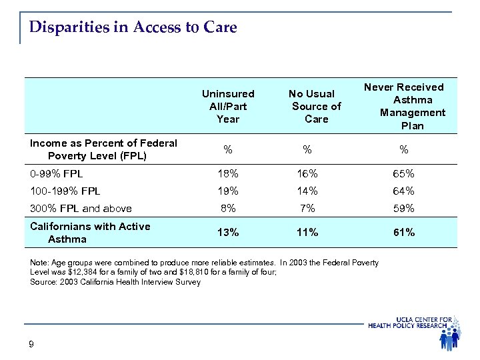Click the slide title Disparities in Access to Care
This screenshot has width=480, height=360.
coord(133,27)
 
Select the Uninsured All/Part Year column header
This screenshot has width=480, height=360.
coord(228,107)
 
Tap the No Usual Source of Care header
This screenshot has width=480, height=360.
coord(316,107)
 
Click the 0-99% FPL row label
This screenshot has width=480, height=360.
coord(56,174)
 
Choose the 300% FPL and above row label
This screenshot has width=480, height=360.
coord(81,208)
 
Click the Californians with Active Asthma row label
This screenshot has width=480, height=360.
coord(90,232)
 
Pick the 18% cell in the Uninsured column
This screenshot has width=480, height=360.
coord(229,174)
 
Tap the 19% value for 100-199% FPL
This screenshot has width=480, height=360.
coord(229,191)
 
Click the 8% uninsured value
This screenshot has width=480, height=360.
coord(229,208)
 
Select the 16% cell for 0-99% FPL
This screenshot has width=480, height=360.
coord(307,174)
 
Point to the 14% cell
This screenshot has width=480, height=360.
coord(307,191)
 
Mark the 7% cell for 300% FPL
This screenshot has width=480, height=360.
coord(307,208)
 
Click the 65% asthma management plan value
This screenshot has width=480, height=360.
coord(403,174)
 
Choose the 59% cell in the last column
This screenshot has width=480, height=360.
coord(403,208)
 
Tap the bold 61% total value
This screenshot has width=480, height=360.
coord(403,232)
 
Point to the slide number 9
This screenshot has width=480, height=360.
coord(32,344)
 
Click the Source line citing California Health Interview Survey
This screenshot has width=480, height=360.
coord(115,282)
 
